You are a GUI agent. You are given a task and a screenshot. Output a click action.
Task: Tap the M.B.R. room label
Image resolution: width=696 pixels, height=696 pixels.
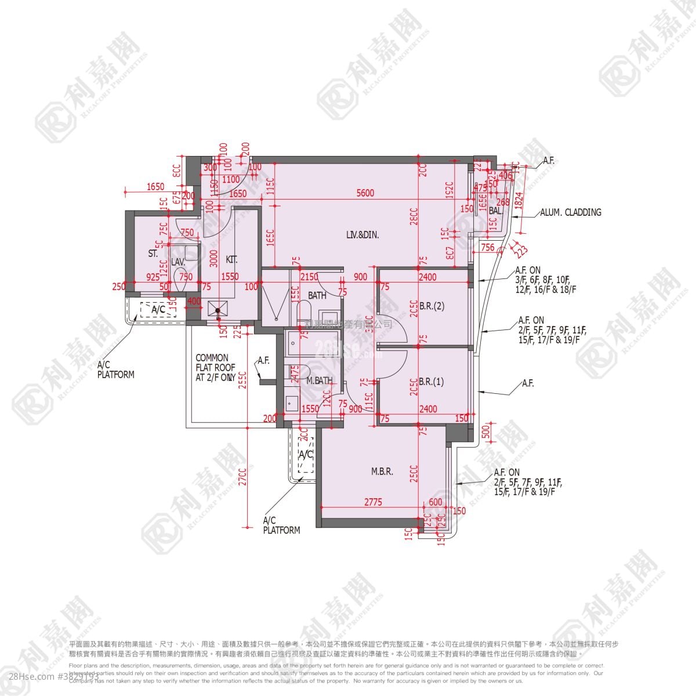[382, 472]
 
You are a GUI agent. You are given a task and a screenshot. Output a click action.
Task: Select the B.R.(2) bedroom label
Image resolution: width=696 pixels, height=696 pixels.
[432, 307]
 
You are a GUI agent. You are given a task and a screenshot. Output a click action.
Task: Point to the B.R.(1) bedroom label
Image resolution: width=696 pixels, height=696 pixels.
[431, 382]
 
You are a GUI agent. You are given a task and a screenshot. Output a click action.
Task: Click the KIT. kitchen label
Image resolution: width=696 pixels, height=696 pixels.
[231, 260]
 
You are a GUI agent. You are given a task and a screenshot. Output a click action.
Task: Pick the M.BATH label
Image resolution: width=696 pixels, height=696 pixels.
[319, 381]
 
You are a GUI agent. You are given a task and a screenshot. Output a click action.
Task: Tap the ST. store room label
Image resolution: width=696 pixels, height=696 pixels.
[153, 253]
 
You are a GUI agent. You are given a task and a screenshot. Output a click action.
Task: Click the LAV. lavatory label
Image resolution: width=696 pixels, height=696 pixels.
[178, 262]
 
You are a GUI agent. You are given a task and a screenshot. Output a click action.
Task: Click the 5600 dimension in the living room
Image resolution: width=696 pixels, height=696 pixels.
[365, 194]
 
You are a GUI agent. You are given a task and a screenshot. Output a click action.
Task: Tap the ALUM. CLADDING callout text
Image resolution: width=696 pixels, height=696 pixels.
[571, 212]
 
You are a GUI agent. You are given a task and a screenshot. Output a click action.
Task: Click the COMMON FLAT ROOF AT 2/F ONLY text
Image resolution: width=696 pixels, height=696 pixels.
[215, 367]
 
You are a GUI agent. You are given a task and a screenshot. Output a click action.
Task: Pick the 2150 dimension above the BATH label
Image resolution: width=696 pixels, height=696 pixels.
[309, 277]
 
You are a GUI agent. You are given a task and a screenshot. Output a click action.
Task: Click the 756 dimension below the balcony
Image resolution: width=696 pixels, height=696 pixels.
[488, 248]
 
